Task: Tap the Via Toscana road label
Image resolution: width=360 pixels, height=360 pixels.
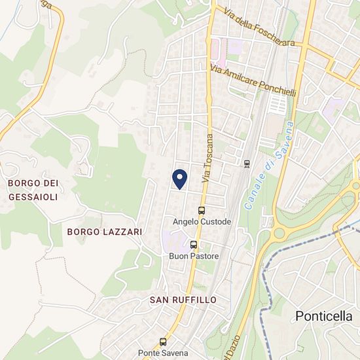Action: pos(209,158)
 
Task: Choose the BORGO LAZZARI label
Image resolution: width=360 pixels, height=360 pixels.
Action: pos(105,232)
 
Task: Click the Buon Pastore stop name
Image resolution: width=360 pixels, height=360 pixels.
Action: pos(194,256)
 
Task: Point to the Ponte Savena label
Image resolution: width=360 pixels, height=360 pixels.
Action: pos(164,353)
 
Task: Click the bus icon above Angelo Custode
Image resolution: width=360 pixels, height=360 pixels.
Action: pos(201,211)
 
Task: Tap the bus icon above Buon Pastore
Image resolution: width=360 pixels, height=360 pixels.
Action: pos(193,245)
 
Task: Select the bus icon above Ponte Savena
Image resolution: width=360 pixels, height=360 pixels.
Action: pos(164,342)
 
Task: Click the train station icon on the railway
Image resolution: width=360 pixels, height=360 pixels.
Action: pos(246,163)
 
